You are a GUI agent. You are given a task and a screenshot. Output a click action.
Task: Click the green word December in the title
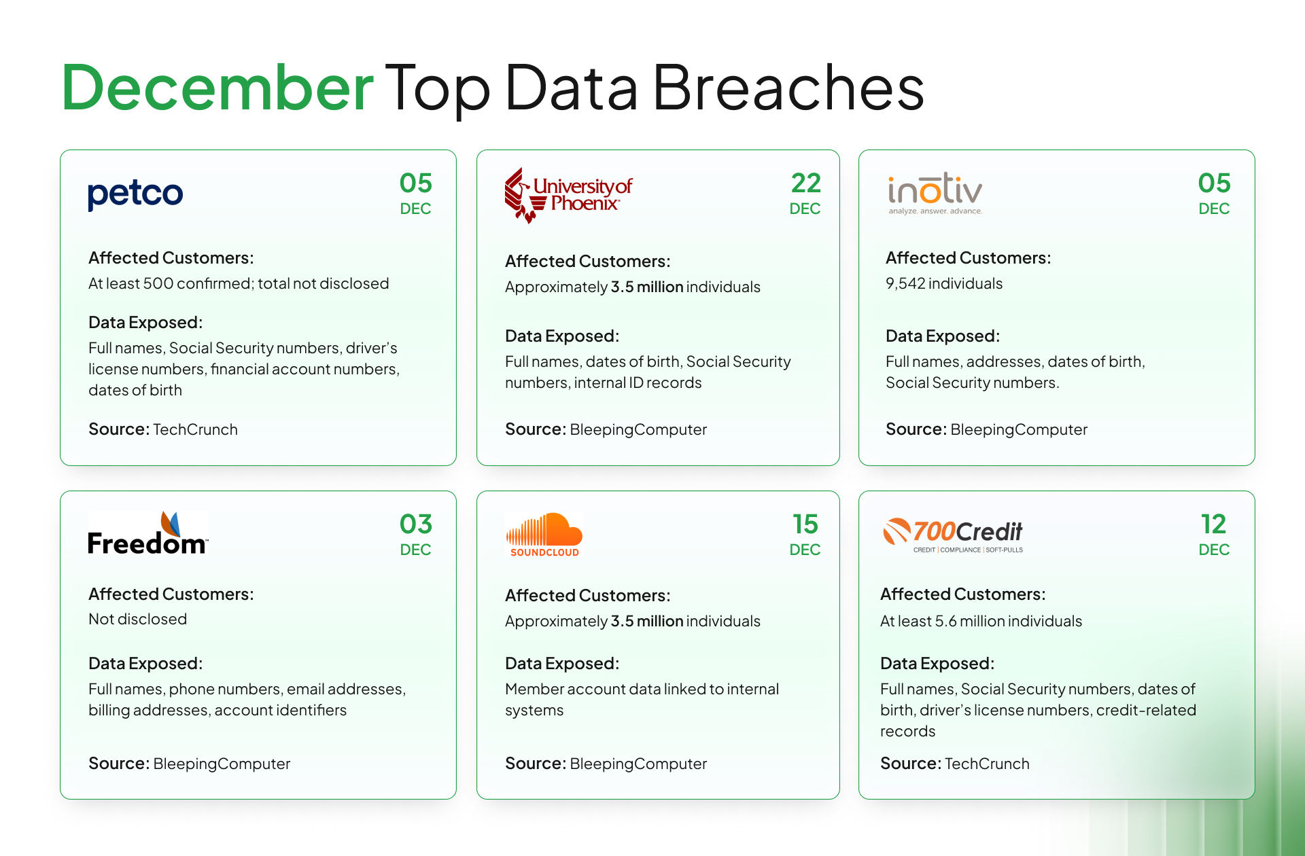[217, 88]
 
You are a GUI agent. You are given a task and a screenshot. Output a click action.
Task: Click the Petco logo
[135, 194]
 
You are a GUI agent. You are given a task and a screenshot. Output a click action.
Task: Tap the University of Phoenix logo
[568, 194]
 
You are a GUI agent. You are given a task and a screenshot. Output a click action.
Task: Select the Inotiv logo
[935, 193]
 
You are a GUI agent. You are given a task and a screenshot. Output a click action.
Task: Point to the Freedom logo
[147, 534]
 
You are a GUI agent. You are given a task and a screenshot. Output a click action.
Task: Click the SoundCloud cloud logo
[544, 534]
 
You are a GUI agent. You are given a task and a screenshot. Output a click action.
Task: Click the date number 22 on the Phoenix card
[805, 183]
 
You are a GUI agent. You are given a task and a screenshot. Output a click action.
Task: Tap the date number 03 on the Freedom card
[415, 524]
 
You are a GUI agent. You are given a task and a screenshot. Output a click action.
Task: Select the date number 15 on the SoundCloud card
[805, 524]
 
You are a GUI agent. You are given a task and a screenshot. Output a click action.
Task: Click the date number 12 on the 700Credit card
[1213, 524]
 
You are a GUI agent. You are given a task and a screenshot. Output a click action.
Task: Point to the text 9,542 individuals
[943, 283]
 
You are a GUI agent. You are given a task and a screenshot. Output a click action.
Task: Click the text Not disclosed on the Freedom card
[137, 619]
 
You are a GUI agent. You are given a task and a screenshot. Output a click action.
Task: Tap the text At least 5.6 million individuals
[981, 621]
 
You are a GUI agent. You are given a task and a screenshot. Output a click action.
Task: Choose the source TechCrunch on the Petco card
[195, 429]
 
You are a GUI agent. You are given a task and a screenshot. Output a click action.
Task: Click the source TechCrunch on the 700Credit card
[987, 764]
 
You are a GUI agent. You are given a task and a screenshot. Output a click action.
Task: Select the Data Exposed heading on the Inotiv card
[942, 336]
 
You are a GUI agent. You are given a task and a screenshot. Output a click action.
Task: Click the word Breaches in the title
[788, 88]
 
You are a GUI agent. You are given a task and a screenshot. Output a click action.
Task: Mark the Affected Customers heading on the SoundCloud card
[587, 595]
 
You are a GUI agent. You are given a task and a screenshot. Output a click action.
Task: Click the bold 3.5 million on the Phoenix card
[646, 287]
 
